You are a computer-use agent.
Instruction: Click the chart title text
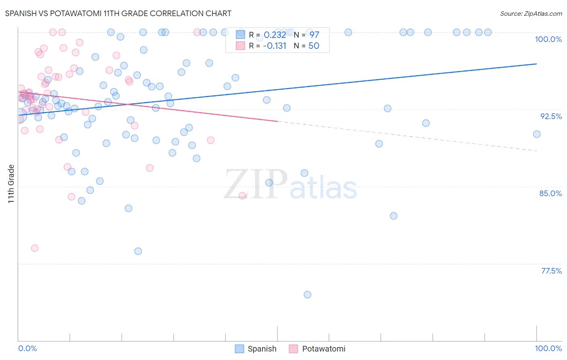(118, 13)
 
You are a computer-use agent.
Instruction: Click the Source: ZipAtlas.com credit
(531, 13)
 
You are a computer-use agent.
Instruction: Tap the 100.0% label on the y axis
(548, 39)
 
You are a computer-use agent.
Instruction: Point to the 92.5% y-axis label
(551, 116)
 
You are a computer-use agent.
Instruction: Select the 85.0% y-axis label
(550, 193)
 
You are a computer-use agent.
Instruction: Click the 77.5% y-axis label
(551, 271)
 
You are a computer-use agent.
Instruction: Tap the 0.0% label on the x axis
(27, 348)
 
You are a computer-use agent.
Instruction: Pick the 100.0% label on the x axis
(548, 348)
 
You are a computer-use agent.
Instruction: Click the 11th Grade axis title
(11, 184)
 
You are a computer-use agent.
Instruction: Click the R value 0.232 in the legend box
(275, 35)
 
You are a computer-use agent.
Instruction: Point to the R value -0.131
(274, 46)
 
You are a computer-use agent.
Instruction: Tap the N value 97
(314, 35)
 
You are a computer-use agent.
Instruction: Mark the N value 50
(314, 46)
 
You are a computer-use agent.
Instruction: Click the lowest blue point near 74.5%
(307, 295)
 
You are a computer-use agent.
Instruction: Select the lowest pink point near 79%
(35, 248)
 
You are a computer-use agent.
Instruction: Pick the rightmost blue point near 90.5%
(537, 134)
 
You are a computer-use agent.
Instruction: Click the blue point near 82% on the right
(394, 216)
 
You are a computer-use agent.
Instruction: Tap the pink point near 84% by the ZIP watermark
(242, 196)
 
